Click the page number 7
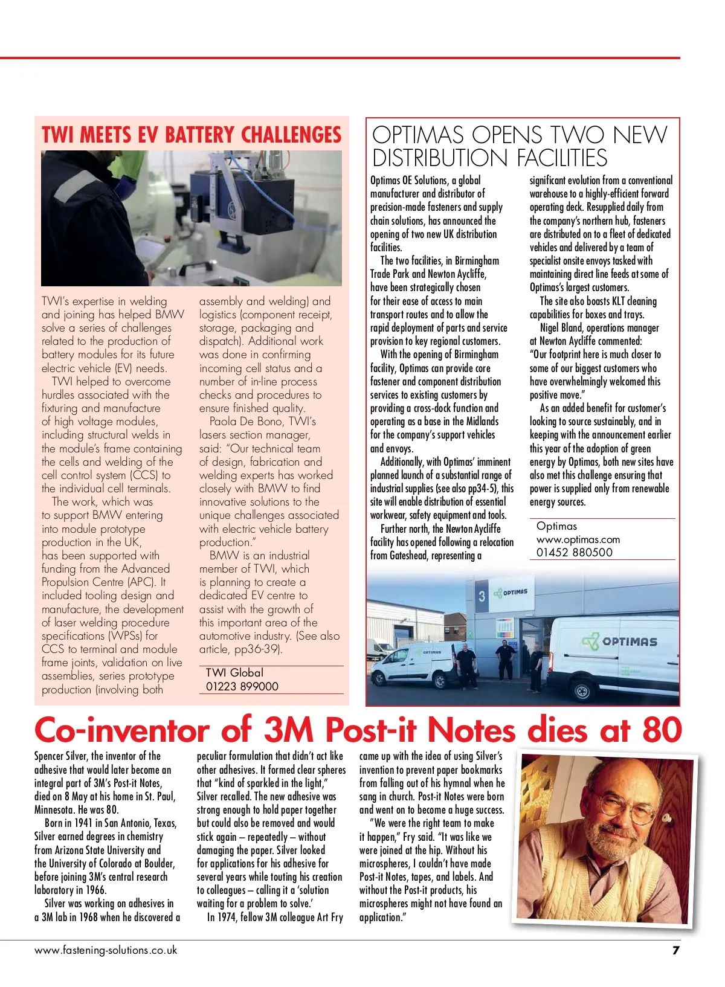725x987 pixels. [x=675, y=950]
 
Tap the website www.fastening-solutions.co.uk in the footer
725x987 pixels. [x=106, y=950]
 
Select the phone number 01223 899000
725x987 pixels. [x=242, y=686]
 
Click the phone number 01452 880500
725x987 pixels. [x=574, y=552]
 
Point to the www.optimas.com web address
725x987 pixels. [x=578, y=539]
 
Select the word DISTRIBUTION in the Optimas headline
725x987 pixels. [x=433, y=158]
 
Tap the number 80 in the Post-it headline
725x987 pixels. [x=662, y=730]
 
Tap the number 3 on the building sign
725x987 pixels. [x=482, y=596]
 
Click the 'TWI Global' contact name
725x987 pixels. [x=234, y=673]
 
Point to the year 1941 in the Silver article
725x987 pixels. [x=80, y=823]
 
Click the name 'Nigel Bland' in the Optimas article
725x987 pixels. [x=561, y=328]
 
